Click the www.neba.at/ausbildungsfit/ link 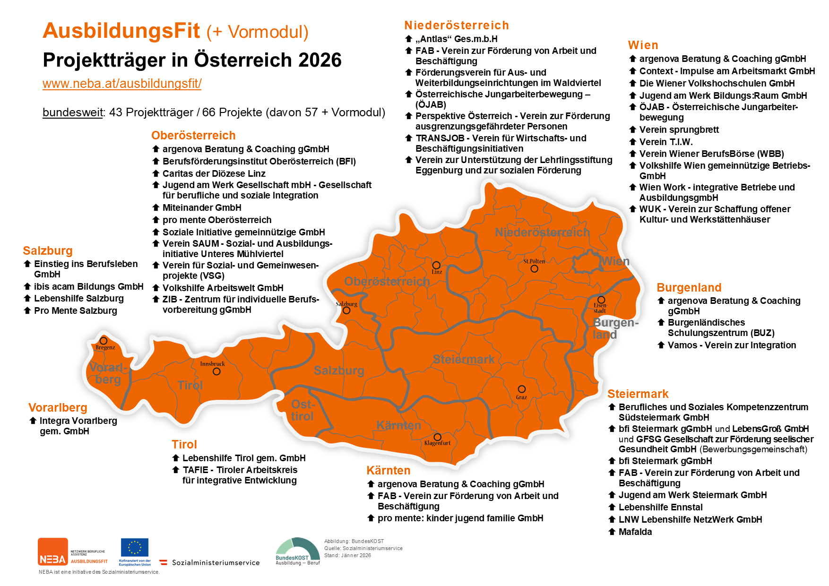(122, 84)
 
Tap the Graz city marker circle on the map (521, 389)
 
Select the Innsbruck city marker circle (216, 371)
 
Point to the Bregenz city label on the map (105, 347)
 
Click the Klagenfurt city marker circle (437, 437)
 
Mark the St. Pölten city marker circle (534, 268)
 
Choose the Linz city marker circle (436, 265)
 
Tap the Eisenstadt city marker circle (601, 300)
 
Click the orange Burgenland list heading (689, 287)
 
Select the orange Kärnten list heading (388, 470)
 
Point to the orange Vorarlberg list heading (58, 407)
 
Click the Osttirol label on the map (302, 410)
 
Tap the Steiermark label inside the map (464, 359)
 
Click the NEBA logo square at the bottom (53, 551)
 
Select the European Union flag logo (135, 547)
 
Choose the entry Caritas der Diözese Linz (214, 173)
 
